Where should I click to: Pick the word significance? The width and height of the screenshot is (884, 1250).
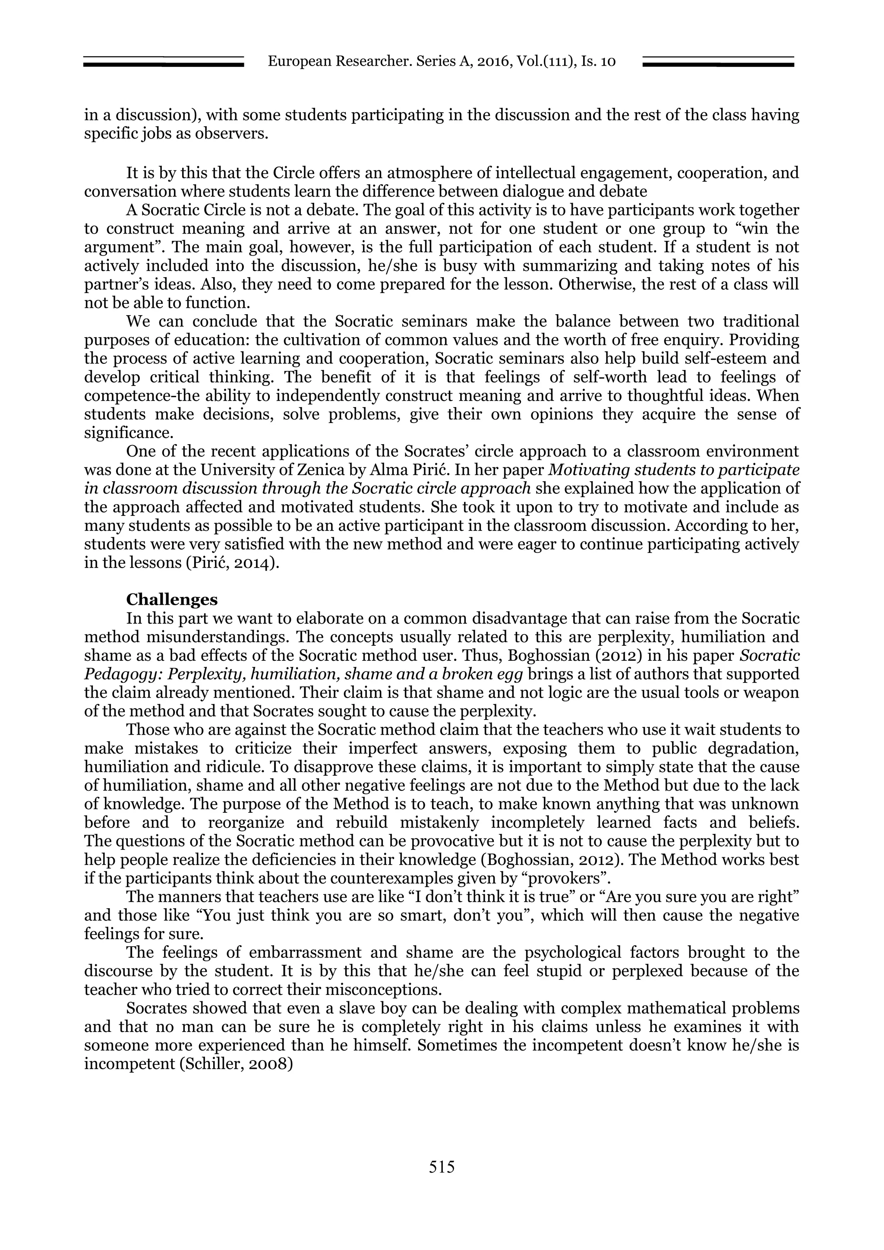click(128, 433)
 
